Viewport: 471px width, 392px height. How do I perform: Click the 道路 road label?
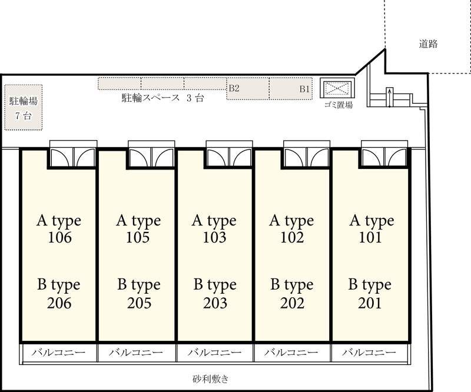[x=428, y=44]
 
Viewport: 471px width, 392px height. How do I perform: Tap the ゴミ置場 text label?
[x=338, y=105]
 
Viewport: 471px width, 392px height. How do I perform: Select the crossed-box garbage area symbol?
[x=337, y=89]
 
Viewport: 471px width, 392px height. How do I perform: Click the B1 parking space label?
[x=304, y=89]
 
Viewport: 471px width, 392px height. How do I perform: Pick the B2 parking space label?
[x=234, y=88]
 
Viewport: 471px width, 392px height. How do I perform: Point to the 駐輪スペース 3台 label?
[x=162, y=98]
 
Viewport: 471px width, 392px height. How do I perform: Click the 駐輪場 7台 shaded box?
[x=24, y=108]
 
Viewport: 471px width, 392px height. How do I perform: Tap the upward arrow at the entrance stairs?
[x=390, y=97]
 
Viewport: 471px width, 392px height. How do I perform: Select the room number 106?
[x=60, y=238]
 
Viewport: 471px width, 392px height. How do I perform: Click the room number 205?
[x=139, y=303]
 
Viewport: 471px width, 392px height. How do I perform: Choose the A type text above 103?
[x=214, y=221]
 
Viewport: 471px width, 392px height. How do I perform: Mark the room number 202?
[x=292, y=303]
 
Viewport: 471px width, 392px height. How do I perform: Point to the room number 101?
[x=370, y=238]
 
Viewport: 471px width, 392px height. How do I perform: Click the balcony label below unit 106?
[x=58, y=353]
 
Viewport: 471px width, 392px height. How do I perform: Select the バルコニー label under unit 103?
[x=214, y=353]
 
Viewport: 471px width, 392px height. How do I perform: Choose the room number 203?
[x=215, y=303]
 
